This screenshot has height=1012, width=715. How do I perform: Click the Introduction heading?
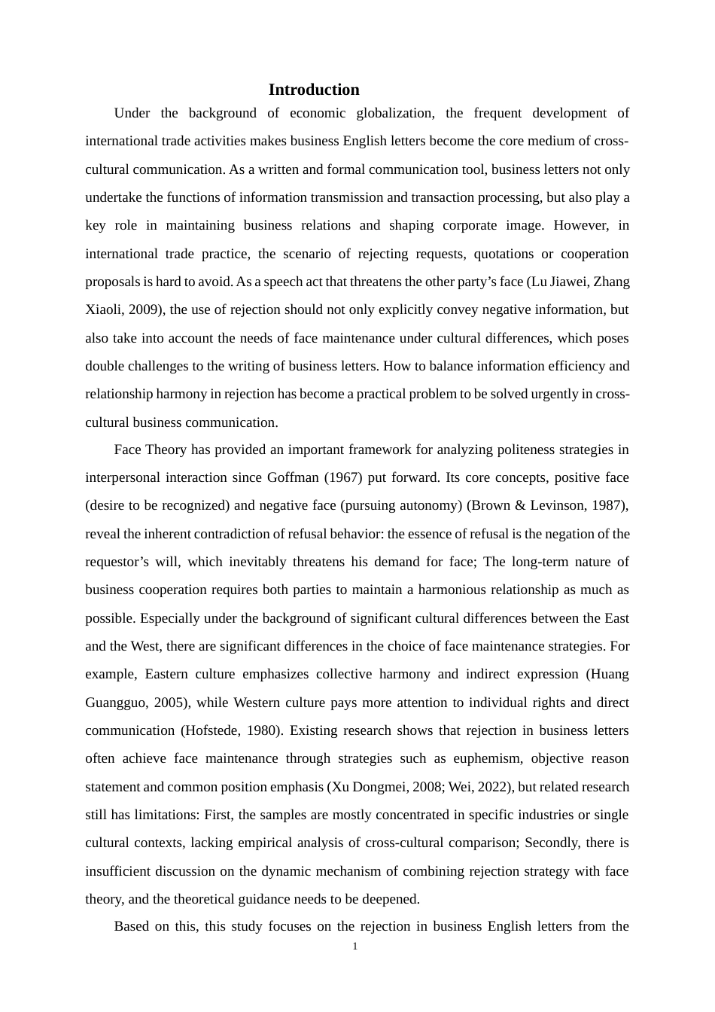click(x=314, y=90)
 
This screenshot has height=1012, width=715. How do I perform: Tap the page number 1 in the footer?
click(x=355, y=946)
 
